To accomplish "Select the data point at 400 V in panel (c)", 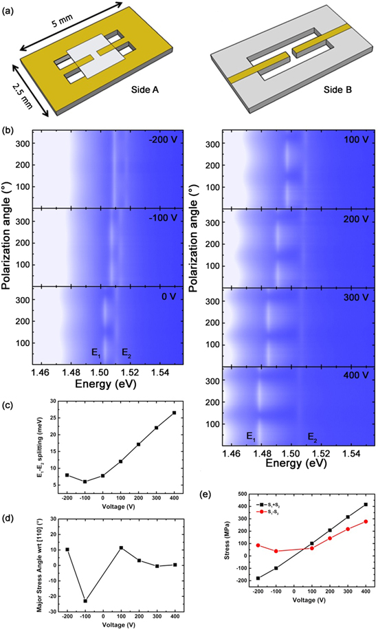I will tap(174, 413).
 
